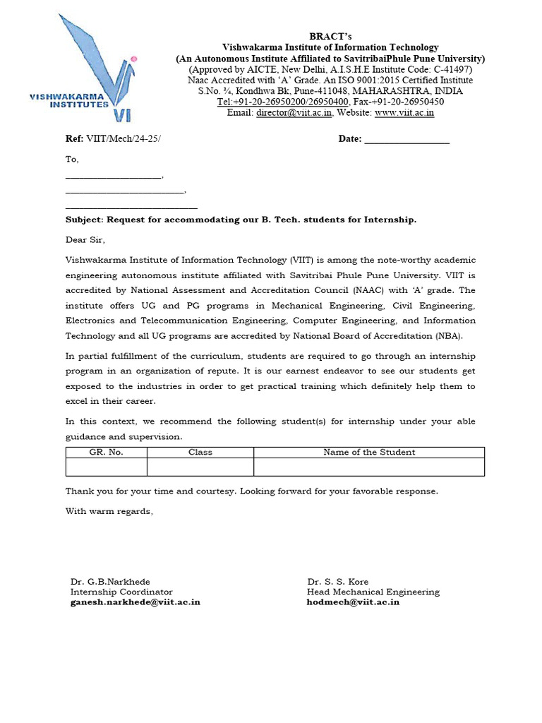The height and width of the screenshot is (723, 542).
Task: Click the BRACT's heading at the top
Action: point(330,37)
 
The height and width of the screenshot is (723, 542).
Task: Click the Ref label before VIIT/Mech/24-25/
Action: point(74,139)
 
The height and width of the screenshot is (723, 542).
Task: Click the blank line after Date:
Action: point(406,140)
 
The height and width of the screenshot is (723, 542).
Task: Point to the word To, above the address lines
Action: point(72,160)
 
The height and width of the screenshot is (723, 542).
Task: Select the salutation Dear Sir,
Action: point(85,240)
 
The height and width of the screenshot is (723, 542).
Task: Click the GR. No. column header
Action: point(106,453)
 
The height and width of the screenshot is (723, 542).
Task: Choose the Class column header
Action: point(200,453)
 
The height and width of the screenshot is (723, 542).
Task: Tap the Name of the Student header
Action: point(369,453)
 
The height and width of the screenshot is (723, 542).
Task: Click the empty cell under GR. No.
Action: point(106,467)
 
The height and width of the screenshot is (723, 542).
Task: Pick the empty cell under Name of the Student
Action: point(369,467)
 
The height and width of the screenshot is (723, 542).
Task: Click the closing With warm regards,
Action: point(109,511)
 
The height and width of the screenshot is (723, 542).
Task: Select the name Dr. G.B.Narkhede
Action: point(110,582)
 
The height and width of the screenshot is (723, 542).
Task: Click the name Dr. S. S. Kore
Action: point(337,582)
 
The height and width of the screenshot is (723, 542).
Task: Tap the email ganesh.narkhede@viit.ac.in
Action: point(135,602)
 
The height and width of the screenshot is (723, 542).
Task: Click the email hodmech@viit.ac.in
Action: point(353,602)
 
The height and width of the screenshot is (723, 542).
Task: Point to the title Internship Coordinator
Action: point(121,592)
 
